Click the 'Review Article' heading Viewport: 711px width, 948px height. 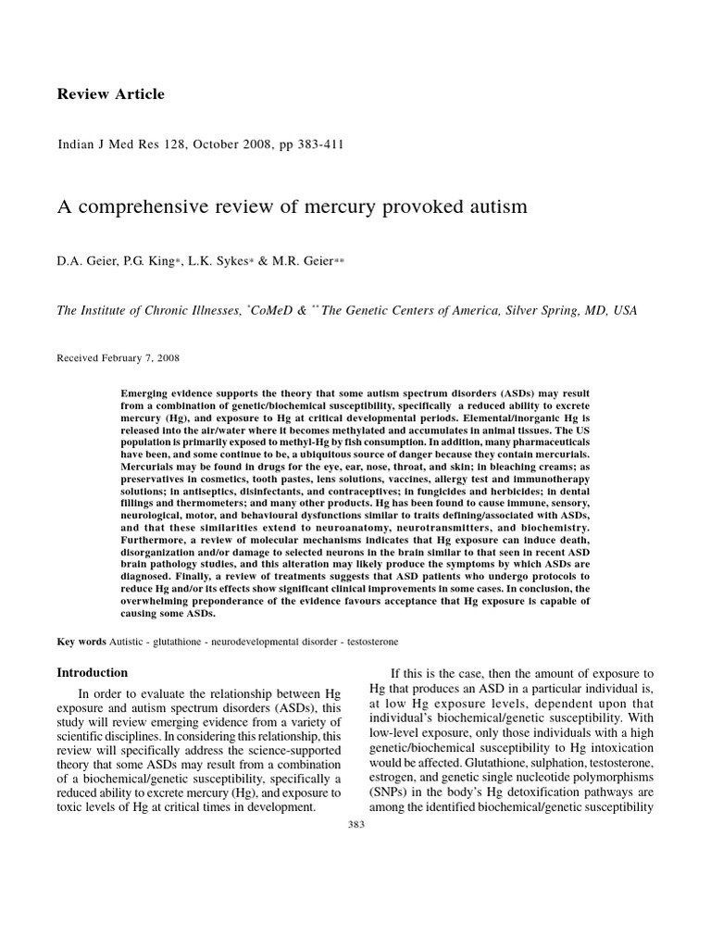(111, 94)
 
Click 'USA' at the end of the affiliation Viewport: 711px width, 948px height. (624, 312)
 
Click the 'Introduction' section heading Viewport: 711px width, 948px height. (93, 673)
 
